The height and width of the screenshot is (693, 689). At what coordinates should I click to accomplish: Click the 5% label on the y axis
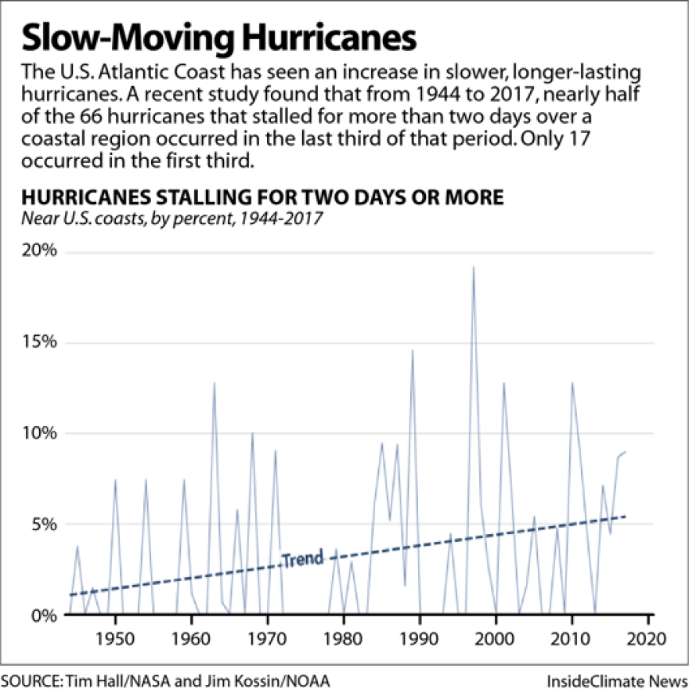[45, 525]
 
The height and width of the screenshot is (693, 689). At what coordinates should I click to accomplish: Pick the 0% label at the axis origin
[45, 615]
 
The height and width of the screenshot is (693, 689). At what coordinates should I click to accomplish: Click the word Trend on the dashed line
[302, 559]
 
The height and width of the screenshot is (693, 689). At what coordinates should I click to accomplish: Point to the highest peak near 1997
[473, 267]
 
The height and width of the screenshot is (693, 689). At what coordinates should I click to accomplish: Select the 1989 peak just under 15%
[413, 350]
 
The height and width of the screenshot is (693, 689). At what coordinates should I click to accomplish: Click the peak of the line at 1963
[214, 383]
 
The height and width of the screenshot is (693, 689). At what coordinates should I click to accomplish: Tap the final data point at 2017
[626, 452]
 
